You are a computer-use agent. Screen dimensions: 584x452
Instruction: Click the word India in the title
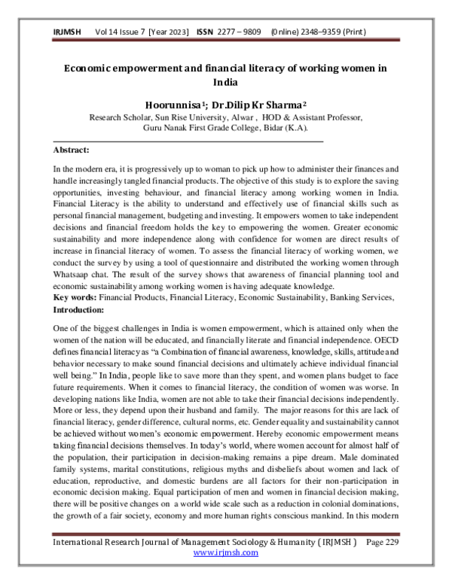225,82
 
